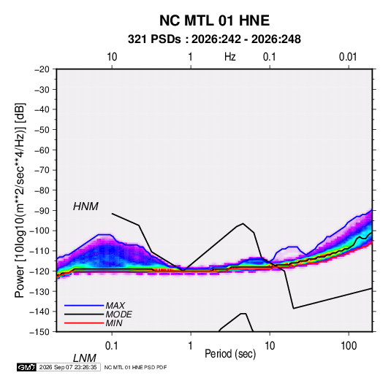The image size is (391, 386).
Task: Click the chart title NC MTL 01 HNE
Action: coord(214,20)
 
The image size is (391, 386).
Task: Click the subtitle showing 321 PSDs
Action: coord(214,39)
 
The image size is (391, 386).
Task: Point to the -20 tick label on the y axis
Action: coord(42,69)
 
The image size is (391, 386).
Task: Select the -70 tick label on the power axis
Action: coord(42,170)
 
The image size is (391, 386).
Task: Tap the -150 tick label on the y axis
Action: coord(39,332)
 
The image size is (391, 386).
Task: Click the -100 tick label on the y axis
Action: coord(39,231)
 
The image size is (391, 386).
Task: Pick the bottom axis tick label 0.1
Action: coord(112,346)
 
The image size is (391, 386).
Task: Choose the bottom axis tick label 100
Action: coord(349,346)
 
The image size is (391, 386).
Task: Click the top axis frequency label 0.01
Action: coord(348,57)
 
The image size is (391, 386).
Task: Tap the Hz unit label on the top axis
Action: coord(230,57)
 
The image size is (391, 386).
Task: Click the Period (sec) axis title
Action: coord(230,354)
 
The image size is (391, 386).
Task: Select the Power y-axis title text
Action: coord(20,201)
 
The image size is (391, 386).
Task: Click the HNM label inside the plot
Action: coord(86,206)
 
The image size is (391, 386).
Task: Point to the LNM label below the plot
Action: coord(85,358)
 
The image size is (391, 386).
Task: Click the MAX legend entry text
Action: coord(115,305)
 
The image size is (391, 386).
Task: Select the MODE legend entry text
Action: coord(118,314)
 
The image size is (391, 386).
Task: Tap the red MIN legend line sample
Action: coord(84,323)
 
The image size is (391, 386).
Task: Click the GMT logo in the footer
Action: coord(27,367)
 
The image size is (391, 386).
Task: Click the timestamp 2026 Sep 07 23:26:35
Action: coord(68,367)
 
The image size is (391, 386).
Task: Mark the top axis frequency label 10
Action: coord(112,57)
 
